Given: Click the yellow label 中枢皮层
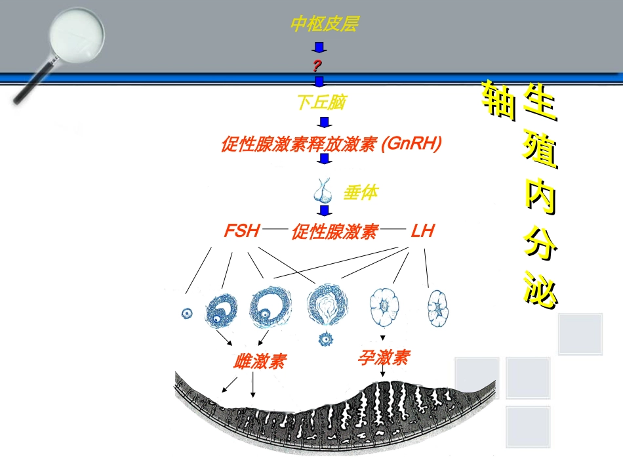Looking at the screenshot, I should coord(325,24).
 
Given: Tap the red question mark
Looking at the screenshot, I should coord(317,65).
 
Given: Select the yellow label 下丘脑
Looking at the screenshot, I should coord(321,102).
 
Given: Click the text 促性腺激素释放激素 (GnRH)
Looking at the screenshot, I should coord(331,144).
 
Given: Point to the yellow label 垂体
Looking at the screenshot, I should coord(360,193).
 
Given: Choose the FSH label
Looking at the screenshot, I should coord(242,231).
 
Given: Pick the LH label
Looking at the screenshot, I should coord(422,231).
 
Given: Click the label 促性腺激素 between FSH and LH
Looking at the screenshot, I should coord(334,232).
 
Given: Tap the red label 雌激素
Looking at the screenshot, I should coord(260,361).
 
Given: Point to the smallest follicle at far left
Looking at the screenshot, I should coord(187,313).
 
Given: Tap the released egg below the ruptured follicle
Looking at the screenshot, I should coord(325,339).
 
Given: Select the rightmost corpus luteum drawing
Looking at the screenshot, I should coord(437,308).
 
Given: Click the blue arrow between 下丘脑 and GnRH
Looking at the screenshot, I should coord(323,122).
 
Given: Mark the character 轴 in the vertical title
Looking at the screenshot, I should coord(497,100).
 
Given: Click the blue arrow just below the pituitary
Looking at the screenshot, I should coord(323,211).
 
